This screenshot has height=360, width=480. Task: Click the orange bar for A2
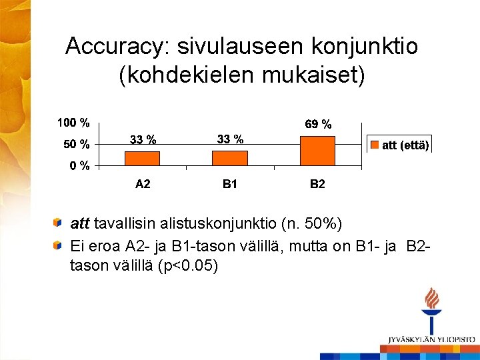click(142, 158)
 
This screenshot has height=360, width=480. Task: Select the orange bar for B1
click(230, 158)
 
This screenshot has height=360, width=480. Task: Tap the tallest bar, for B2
click(317, 150)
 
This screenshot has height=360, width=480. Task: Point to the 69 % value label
click(318, 125)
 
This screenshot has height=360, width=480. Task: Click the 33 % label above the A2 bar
click(143, 140)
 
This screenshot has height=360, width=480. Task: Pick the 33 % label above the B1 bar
click(230, 139)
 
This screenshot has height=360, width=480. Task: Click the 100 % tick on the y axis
click(73, 123)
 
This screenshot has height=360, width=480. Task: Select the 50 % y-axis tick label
click(76, 143)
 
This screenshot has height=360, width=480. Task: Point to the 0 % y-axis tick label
click(79, 166)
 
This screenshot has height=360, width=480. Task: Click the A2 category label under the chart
click(143, 184)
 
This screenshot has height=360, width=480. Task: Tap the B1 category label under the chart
click(230, 184)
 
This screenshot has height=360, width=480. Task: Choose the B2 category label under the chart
click(317, 184)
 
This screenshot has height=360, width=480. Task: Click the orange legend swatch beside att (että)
click(375, 145)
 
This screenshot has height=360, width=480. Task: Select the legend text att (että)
click(405, 145)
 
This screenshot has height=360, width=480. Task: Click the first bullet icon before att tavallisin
click(59, 221)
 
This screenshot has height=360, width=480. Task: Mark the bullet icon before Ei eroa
click(59, 245)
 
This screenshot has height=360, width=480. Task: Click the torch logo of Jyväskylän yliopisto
click(432, 311)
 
